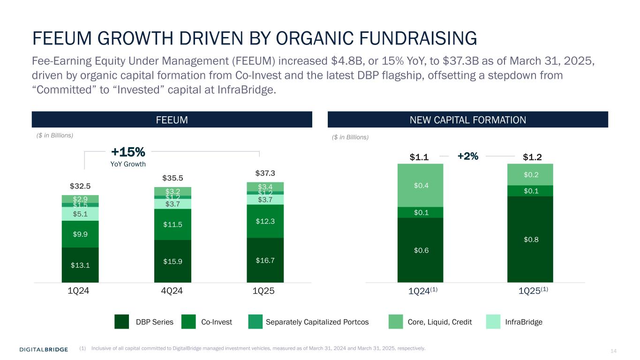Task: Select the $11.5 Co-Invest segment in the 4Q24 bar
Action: point(173,225)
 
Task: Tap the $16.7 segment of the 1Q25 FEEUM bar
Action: point(265,260)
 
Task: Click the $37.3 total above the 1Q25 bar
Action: point(265,174)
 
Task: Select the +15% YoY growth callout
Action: point(128,152)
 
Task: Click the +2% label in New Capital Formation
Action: point(467,157)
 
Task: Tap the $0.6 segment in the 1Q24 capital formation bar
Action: point(420,250)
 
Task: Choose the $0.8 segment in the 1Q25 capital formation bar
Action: point(530,239)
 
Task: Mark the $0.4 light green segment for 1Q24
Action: point(420,186)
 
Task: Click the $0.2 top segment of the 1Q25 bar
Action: point(530,174)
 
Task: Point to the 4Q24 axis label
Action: point(172,291)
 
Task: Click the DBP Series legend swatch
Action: point(122,322)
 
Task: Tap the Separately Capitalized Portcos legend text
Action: point(317,322)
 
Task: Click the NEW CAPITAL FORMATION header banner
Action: point(467,120)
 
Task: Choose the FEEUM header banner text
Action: point(172,120)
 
